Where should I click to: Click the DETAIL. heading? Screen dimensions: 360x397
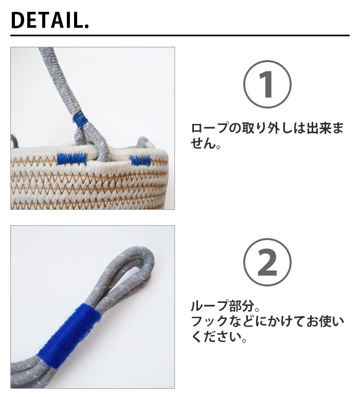pos(50,20)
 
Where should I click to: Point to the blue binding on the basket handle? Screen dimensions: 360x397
pos(80,118)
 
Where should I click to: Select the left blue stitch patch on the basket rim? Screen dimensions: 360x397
pos(72,159)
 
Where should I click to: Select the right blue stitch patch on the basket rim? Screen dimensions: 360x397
pos(140,160)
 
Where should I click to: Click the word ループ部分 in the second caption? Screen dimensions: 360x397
pos(222,306)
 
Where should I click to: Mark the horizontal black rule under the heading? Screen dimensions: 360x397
pos(180,35)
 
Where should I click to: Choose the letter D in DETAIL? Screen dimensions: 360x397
pos(17,21)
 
